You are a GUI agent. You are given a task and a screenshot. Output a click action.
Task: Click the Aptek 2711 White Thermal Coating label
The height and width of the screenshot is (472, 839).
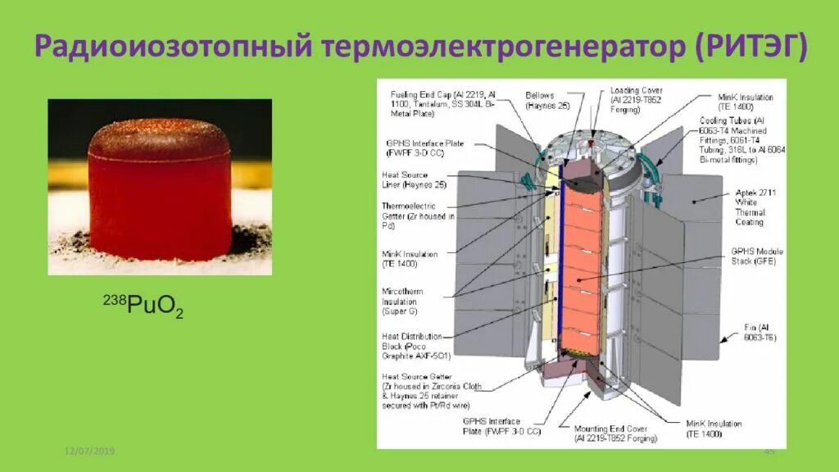(x=749, y=207)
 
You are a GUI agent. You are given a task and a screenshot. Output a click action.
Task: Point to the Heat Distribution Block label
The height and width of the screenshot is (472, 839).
(x=413, y=346)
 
